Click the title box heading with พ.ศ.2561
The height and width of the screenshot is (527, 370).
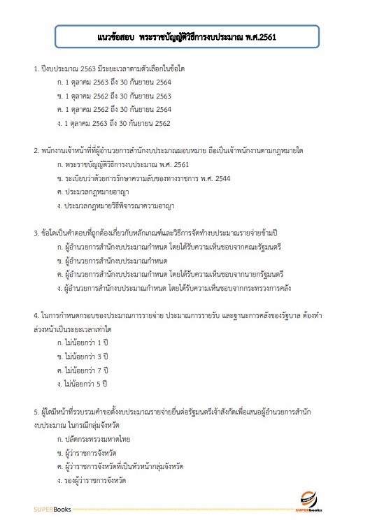(185, 36)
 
